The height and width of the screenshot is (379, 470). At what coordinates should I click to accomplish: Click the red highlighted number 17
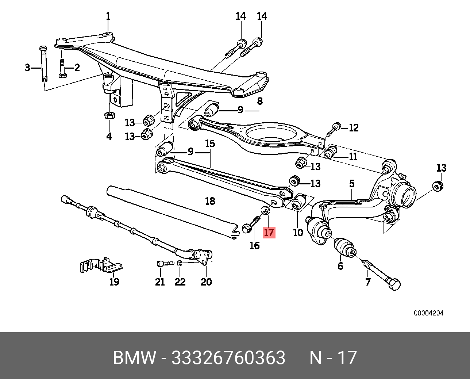coord(269,233)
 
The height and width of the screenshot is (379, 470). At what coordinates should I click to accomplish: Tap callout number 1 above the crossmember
coord(108,16)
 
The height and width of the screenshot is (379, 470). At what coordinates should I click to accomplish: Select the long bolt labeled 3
coord(44,64)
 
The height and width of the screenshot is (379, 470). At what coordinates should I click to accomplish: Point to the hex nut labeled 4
coord(109,115)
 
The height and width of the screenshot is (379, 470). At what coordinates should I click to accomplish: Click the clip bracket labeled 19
coord(101,265)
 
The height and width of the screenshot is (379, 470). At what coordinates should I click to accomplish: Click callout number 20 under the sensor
coord(206,282)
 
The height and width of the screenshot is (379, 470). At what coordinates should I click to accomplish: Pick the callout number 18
coord(210,201)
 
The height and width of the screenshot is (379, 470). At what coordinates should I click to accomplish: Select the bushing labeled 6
coord(345,247)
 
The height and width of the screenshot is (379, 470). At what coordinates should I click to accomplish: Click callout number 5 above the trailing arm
coord(352,183)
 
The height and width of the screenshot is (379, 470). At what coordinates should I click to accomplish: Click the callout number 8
coord(260,101)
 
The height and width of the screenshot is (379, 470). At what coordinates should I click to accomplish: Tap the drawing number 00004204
coord(428,313)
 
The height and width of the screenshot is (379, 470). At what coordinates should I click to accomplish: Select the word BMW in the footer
coord(134,357)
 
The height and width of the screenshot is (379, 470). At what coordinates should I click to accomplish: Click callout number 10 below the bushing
coord(298,232)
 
